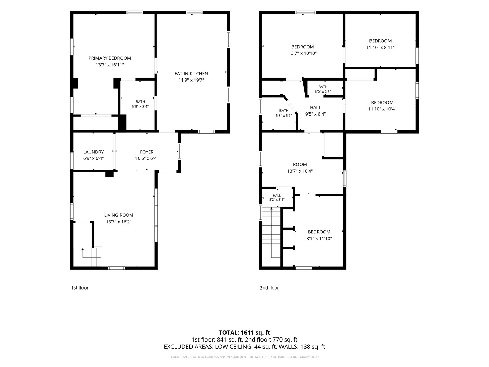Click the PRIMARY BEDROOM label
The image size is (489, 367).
point(110,58)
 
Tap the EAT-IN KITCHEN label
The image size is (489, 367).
point(191,74)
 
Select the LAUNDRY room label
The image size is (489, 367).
point(93,152)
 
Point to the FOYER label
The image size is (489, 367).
point(147,152)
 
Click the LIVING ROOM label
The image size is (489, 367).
point(119,215)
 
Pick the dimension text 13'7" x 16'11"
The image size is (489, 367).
point(110,65)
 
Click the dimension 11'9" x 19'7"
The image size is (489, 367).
point(191,80)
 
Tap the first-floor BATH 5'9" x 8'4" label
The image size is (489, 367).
point(140,104)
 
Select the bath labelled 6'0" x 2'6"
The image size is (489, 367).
point(323,89)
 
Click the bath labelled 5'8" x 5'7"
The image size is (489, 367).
point(284,113)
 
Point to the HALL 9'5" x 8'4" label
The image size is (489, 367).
point(315,111)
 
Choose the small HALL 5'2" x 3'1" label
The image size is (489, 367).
point(277,198)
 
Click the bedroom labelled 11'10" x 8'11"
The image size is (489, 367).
point(380,44)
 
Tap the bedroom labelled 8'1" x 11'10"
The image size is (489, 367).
point(319,235)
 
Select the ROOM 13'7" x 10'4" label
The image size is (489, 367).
point(300,168)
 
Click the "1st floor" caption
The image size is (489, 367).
point(80,288)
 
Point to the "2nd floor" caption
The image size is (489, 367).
point(269,288)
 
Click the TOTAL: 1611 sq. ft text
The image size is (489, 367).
point(244,333)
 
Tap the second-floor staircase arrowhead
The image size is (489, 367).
point(271,209)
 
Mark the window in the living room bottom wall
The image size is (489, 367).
point(116,268)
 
